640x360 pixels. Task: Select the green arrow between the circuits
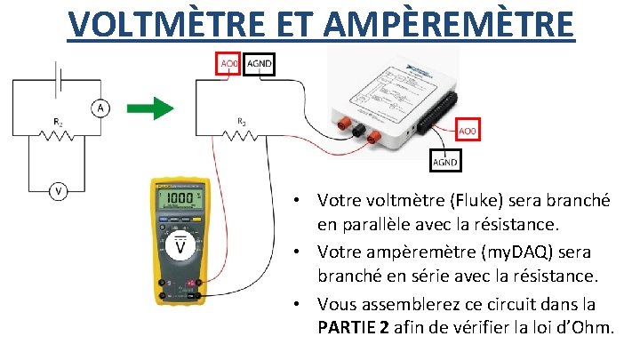pyautogui.click(x=148, y=110)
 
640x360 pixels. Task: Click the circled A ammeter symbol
pyautogui.click(x=100, y=108)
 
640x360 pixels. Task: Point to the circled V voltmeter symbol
pyautogui.click(x=59, y=190)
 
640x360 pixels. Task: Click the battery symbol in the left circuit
pyautogui.click(x=59, y=79)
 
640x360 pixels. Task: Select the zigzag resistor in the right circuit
pyautogui.click(x=241, y=135)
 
